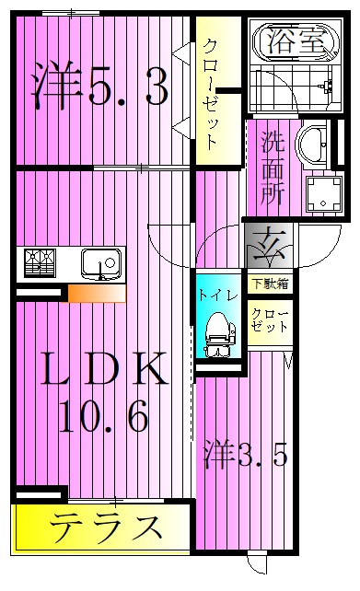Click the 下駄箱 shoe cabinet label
[268, 284]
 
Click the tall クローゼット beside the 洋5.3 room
[211, 92]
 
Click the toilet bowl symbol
[218, 330]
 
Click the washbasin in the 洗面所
[316, 146]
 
